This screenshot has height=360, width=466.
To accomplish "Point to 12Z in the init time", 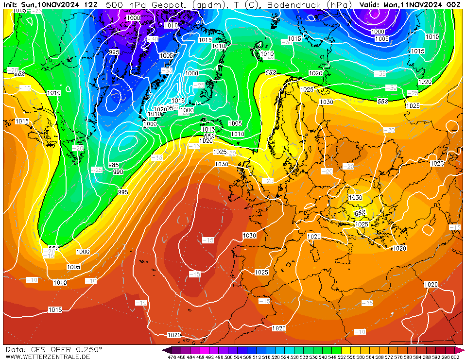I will tap(90, 4).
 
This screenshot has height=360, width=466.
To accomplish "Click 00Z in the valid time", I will tap(454, 4).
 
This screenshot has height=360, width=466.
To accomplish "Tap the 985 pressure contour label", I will tap(114, 165).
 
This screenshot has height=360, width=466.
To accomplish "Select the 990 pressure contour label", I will tap(118, 172).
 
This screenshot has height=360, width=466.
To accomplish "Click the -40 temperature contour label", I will tap(152, 39).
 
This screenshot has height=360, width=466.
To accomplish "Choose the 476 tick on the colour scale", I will tap(172, 357).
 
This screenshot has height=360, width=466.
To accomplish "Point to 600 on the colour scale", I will tap(455, 357).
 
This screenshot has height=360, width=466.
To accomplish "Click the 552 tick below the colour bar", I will tap(345, 357).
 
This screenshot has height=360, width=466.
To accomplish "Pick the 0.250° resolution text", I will tap(88, 349).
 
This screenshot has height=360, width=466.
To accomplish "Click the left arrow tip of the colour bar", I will tap(164, 350).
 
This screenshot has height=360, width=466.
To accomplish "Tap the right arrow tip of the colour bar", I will tap(463, 350).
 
